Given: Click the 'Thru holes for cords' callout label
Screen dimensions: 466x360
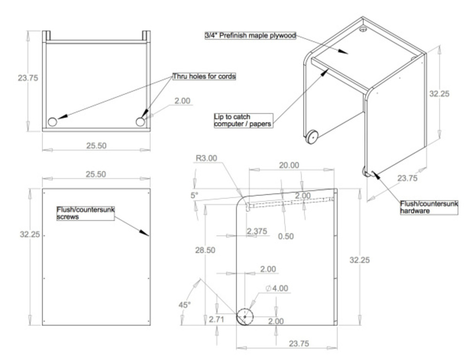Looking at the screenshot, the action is click(x=204, y=77).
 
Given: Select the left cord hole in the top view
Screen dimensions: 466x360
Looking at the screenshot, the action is click(x=52, y=122).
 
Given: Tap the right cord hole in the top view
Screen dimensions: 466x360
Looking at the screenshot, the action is click(x=140, y=122).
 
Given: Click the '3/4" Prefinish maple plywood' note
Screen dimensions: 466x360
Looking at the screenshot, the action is click(x=251, y=35).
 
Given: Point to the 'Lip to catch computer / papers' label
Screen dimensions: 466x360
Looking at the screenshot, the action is click(x=243, y=121).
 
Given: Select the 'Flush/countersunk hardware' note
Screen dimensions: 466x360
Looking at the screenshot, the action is click(x=429, y=207).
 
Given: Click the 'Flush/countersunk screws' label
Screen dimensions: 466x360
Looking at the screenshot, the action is click(x=85, y=213).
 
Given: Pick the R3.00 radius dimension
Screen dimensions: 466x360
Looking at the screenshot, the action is click(x=206, y=158).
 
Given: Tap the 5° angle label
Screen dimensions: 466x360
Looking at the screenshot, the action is click(x=194, y=195).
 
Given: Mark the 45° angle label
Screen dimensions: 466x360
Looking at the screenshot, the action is click(x=184, y=305).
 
